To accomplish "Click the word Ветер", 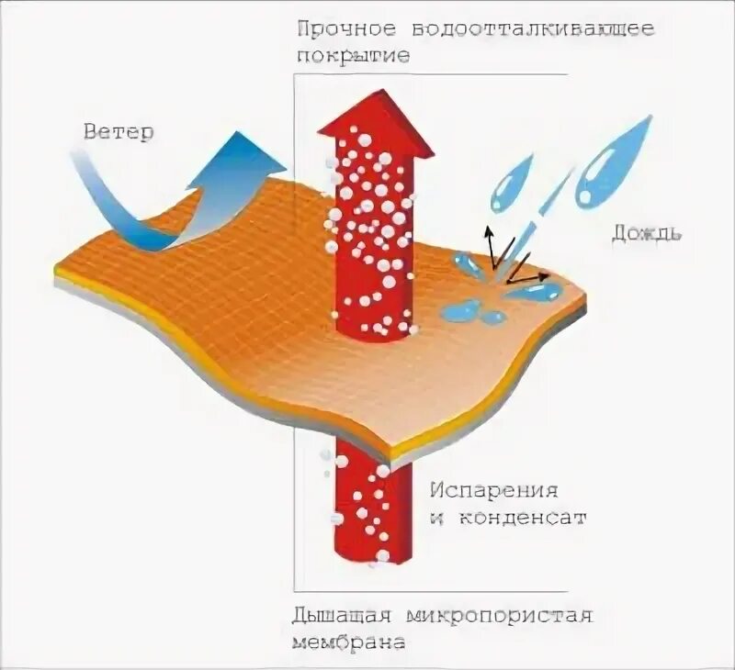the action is (x=119, y=131).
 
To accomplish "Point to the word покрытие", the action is (x=353, y=56).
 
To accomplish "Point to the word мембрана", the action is (x=349, y=641).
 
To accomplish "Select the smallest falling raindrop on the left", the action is (x=510, y=184).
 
